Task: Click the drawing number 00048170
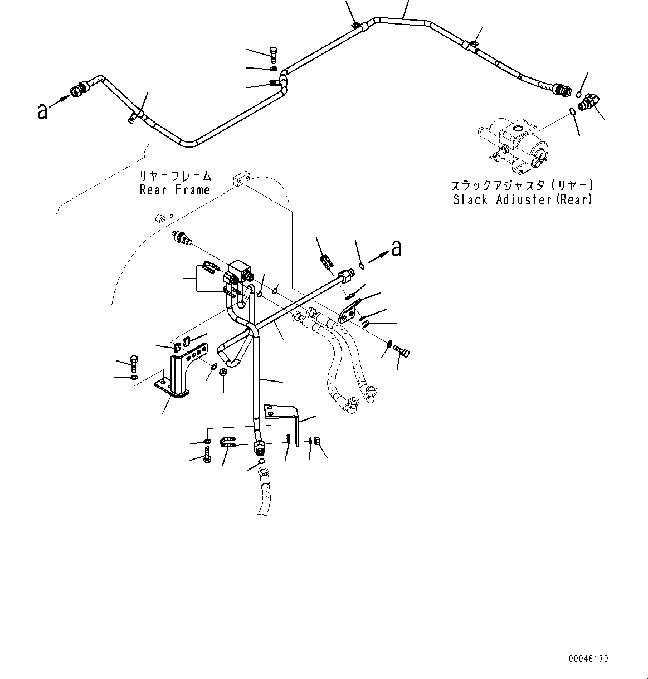coord(588,658)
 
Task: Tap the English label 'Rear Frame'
coord(174,190)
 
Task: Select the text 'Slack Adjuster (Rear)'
coord(522,199)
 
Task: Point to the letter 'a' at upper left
coord(42,111)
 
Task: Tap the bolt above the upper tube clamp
coord(274,55)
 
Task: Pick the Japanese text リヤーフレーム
coord(176,177)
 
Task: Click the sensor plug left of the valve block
coord(183,238)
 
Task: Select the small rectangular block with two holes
coord(240,179)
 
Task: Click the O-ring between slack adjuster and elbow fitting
coord(572,114)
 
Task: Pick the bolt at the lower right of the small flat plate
coord(401,351)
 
